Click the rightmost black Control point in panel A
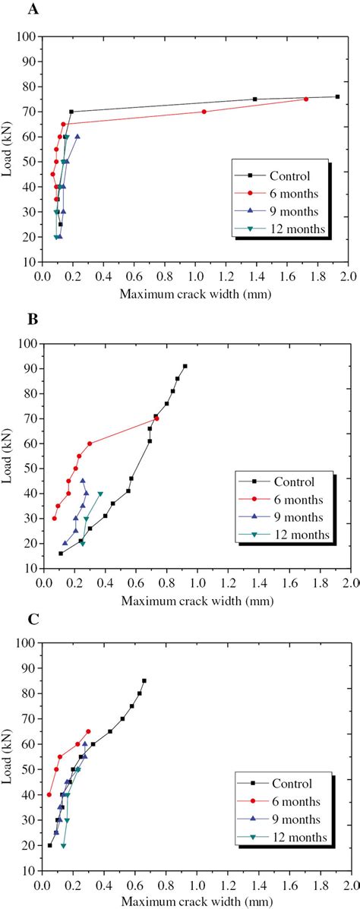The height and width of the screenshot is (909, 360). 337,96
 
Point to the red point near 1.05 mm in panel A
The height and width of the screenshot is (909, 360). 204,112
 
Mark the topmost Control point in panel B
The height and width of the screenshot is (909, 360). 185,366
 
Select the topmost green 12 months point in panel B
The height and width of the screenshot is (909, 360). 100,494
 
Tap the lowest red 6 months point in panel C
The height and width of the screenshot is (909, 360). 49,795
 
